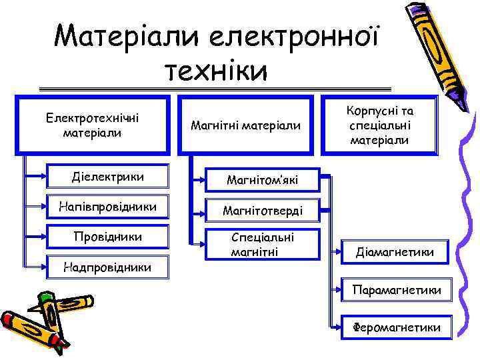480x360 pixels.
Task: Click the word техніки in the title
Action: coord(216,70)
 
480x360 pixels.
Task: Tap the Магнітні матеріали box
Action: coord(245,125)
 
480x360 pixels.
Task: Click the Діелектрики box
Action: coord(107,177)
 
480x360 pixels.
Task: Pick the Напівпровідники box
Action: coord(107,207)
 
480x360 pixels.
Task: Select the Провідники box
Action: coord(107,237)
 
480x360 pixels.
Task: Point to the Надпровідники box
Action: coord(107,267)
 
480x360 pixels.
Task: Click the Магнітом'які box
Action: coord(262,180)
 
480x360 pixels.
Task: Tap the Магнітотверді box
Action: coord(262,211)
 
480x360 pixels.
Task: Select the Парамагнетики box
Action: coord(401,291)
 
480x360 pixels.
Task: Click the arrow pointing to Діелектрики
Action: coord(40,177)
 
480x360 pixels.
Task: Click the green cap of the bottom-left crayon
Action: coord(46,298)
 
